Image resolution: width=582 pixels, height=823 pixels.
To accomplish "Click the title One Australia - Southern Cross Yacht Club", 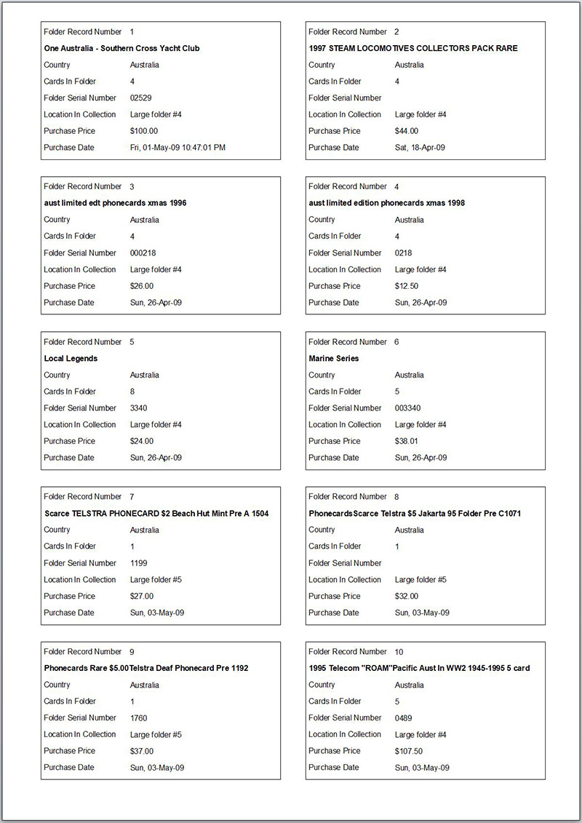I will pos(121,48).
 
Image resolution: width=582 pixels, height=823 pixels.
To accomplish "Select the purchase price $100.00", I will pos(144,131).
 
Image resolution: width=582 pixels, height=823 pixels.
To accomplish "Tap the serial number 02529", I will pos(140,98).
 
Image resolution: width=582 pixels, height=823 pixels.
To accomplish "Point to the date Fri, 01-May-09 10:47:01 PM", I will pos(178,148).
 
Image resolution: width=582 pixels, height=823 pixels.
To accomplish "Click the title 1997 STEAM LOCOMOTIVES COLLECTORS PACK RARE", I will pos(413,48).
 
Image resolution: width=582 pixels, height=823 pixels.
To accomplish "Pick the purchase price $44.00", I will pos(407,131).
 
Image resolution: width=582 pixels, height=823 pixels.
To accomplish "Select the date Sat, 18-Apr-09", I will pos(420,148).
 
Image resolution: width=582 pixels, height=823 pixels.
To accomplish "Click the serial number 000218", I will pos(143,253).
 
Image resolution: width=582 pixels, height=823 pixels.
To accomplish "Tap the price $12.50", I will pos(407,286).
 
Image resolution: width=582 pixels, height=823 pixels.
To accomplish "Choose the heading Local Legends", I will pos(71,359).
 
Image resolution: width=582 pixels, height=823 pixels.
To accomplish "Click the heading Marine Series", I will pos(334,359).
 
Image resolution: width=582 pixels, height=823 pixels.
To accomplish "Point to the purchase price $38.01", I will pos(407,441).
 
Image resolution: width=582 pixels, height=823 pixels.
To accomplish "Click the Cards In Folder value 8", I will pos(132,391).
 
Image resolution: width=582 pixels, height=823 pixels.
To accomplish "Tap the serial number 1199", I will pos(138,562).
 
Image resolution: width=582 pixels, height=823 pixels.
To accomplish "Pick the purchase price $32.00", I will pos(407,596).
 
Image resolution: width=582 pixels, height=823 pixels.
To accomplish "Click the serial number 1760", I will pos(138,717).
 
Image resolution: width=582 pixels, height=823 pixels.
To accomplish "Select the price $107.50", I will pos(409,751).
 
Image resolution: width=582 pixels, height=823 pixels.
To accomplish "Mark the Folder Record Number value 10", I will pos(399,652).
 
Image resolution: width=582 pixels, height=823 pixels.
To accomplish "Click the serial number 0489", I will pos(403,717).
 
